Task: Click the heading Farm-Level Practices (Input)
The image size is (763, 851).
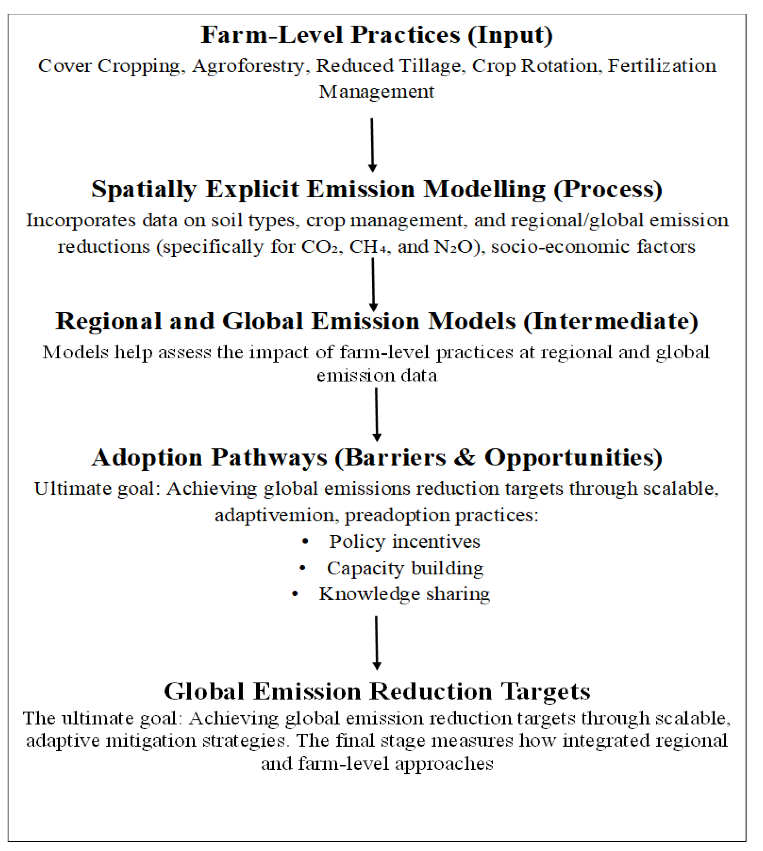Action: (x=377, y=35)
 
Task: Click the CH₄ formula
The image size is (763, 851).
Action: (x=368, y=247)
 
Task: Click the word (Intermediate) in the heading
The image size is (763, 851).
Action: (x=610, y=322)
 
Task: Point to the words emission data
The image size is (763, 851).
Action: (x=377, y=376)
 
